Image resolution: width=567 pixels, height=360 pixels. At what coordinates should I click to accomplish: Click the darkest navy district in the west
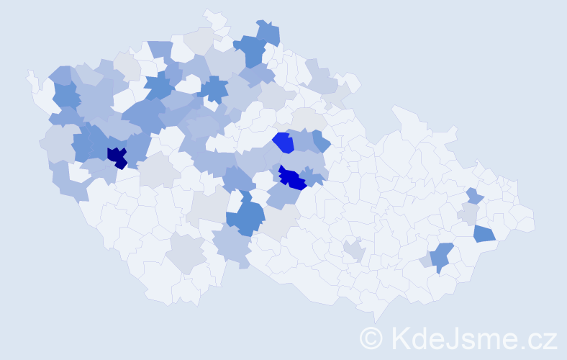(x=116, y=156)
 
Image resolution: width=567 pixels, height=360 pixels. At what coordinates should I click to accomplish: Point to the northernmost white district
(x=213, y=17)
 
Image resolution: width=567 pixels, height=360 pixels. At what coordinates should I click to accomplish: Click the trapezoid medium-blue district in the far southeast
(x=484, y=233)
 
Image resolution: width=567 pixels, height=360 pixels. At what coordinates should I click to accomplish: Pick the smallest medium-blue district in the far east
(x=473, y=195)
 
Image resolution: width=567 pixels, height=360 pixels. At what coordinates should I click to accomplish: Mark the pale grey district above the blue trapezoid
(x=469, y=214)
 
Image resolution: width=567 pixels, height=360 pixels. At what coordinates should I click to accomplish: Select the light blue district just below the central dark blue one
(x=284, y=194)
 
